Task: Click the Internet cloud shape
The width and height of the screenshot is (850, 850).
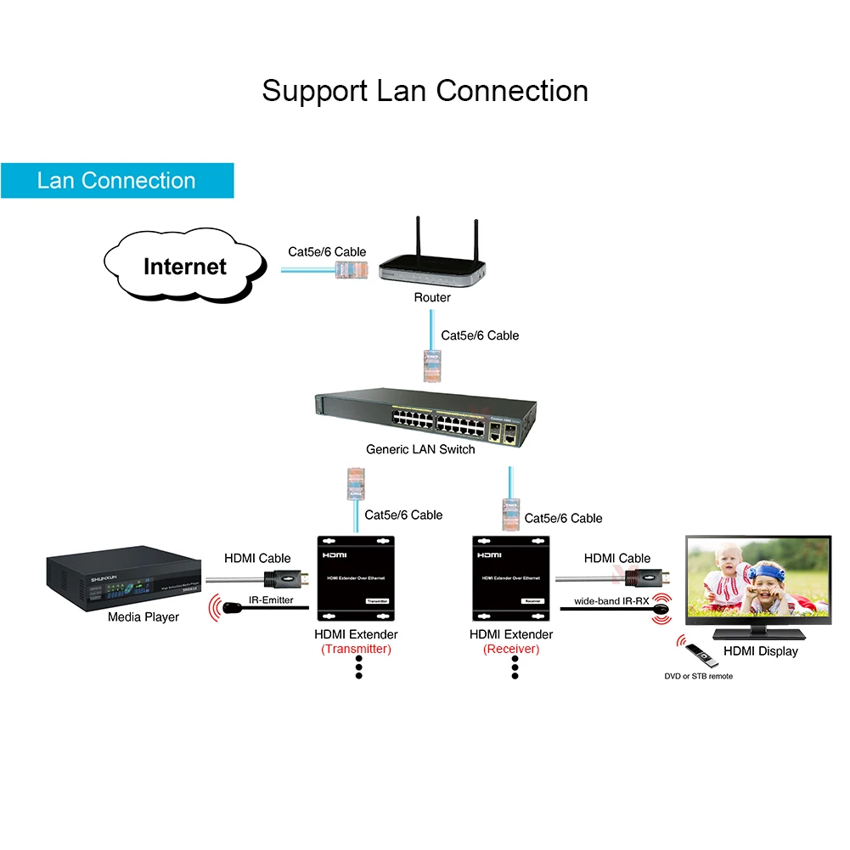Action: click(184, 267)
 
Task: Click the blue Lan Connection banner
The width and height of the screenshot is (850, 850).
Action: click(117, 180)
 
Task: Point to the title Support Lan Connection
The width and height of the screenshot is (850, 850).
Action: click(425, 91)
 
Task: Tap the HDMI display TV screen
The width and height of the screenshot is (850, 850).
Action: click(758, 581)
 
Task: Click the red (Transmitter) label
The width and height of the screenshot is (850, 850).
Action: click(356, 650)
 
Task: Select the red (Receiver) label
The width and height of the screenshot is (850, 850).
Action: click(510, 650)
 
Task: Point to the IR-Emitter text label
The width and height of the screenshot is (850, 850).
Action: click(271, 600)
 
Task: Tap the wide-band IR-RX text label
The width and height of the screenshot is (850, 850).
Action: click(611, 600)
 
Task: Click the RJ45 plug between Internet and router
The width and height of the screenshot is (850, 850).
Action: click(350, 272)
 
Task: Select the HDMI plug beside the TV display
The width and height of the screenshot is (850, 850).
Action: click(645, 579)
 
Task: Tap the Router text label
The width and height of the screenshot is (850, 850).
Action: click(432, 297)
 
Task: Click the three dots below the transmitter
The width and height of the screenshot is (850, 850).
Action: click(358, 667)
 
